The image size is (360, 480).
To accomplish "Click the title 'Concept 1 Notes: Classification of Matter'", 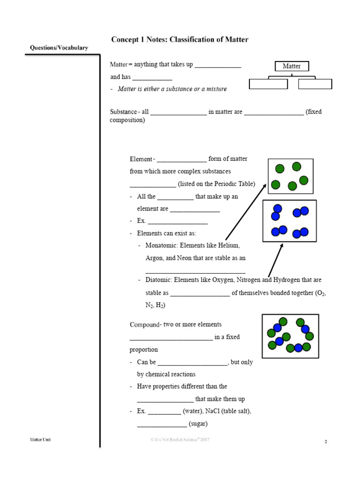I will [180, 40].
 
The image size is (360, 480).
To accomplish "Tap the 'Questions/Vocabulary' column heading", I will [59, 48].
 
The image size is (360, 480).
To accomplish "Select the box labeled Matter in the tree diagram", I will [291, 66].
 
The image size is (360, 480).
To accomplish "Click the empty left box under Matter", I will [268, 84].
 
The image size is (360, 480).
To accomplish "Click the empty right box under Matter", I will [315, 84].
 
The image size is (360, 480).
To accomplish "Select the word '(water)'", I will [195, 411].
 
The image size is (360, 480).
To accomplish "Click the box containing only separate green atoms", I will [291, 176].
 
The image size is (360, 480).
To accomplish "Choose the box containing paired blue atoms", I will [289, 221].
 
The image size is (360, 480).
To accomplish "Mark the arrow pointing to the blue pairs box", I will [276, 259].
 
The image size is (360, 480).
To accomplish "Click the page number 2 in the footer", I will [325, 442].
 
